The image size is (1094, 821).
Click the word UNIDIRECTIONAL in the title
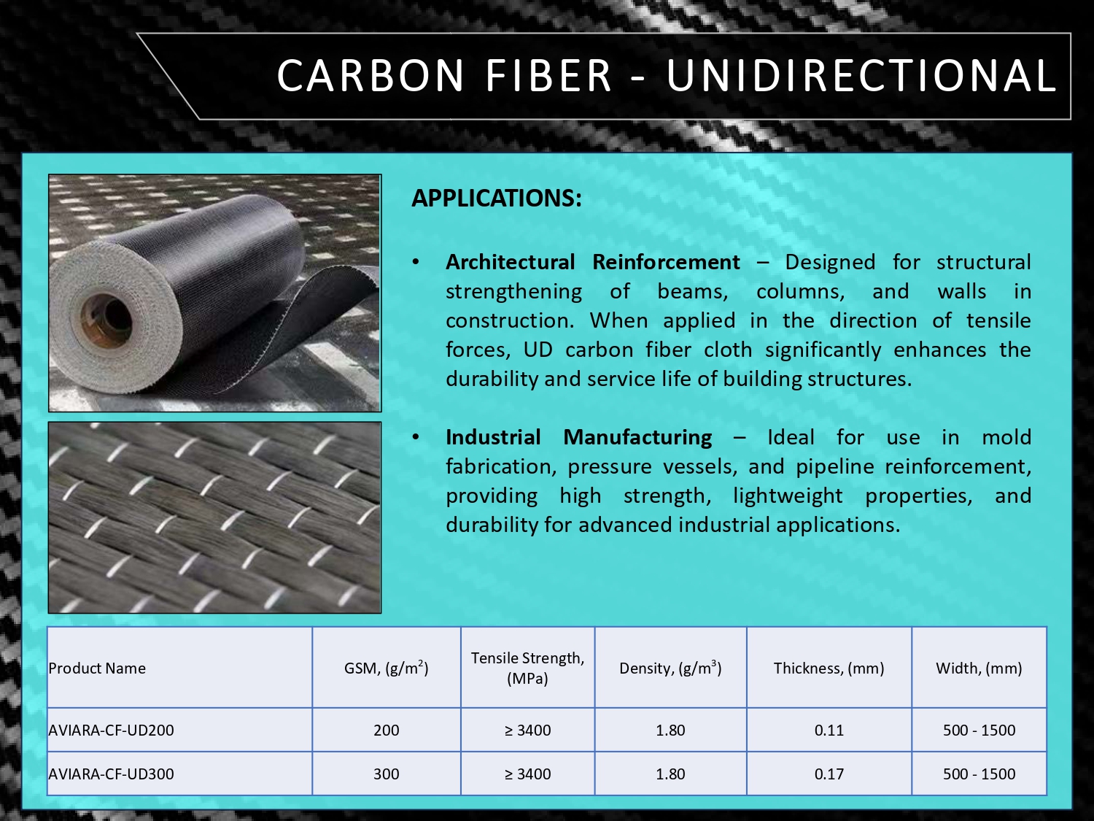(x=861, y=75)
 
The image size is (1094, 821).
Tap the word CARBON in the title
(x=371, y=75)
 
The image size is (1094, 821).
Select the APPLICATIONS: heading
(x=497, y=198)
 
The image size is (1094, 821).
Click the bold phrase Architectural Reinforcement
(x=593, y=262)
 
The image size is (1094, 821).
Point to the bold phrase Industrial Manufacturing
(x=578, y=437)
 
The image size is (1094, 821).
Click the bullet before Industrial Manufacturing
(x=416, y=437)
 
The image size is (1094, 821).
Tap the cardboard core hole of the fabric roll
(x=106, y=317)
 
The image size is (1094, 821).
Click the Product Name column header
(x=97, y=668)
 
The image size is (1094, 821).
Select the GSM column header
(x=387, y=668)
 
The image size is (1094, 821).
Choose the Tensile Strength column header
(x=527, y=668)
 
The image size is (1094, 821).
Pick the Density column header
(x=670, y=668)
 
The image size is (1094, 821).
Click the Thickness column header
(x=829, y=668)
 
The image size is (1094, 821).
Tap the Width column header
(x=979, y=668)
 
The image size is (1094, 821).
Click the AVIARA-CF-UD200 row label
(x=111, y=731)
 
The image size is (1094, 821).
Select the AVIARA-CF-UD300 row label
(x=111, y=774)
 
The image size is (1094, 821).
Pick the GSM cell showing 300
(x=387, y=774)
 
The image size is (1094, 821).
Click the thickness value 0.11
(x=829, y=731)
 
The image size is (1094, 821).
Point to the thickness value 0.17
(x=829, y=774)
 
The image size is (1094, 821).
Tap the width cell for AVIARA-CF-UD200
(x=979, y=731)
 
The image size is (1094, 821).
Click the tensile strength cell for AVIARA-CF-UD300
(x=527, y=774)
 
